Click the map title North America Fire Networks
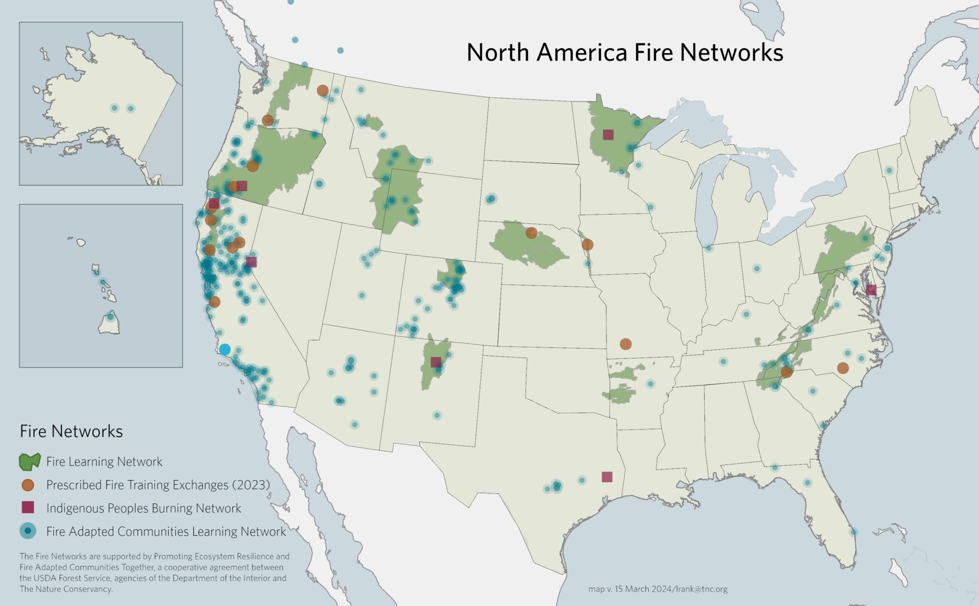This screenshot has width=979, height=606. pyautogui.click(x=624, y=53)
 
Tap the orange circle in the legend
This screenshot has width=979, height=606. pyautogui.click(x=28, y=485)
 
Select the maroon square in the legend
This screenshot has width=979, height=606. pyautogui.click(x=28, y=508)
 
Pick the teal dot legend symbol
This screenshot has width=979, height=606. pyautogui.click(x=28, y=531)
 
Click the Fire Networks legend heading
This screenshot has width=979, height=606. pyautogui.click(x=71, y=431)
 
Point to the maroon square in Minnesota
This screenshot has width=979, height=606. pyautogui.click(x=608, y=135)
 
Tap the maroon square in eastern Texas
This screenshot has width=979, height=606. pyautogui.click(x=607, y=476)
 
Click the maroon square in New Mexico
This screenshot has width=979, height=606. pyautogui.click(x=435, y=362)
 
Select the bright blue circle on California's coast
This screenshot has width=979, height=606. pyautogui.click(x=224, y=349)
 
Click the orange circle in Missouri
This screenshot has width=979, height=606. pyautogui.click(x=625, y=344)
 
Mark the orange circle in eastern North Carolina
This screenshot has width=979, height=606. pyautogui.click(x=843, y=368)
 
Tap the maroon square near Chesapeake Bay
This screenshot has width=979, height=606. pyautogui.click(x=871, y=290)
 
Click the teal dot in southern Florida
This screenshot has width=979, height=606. pyautogui.click(x=853, y=532)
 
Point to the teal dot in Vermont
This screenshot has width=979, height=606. pyautogui.click(x=889, y=170)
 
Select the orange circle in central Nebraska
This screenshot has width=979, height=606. pyautogui.click(x=531, y=233)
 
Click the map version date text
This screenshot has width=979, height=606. pyautogui.click(x=657, y=589)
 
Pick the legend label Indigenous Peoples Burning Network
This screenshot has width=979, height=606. pyautogui.click(x=143, y=508)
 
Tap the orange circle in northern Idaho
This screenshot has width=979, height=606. pyautogui.click(x=323, y=90)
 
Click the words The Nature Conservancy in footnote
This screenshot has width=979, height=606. pyautogui.click(x=65, y=589)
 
